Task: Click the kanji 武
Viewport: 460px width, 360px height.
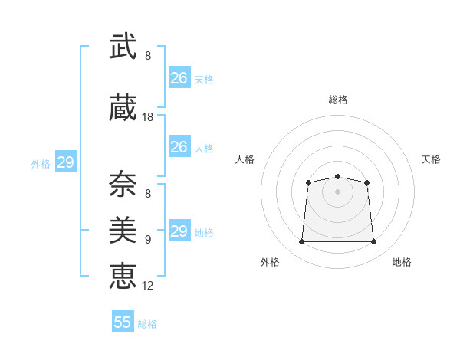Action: tap(123, 46)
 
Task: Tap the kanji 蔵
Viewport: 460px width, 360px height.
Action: tap(123, 107)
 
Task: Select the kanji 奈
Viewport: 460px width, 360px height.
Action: tap(123, 184)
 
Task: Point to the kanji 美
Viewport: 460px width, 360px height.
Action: tap(123, 230)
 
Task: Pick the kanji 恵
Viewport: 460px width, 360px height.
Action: tap(123, 276)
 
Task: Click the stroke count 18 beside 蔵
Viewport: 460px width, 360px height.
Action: tap(147, 117)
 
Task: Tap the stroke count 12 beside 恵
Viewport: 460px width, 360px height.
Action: tap(147, 286)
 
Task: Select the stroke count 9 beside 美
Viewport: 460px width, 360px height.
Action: tap(148, 240)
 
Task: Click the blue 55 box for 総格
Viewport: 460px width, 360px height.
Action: tap(123, 321)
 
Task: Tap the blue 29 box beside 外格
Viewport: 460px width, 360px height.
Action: tap(66, 162)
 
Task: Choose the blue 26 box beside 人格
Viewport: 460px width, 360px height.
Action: tap(180, 146)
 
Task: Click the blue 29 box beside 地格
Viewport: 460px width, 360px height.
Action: tap(180, 230)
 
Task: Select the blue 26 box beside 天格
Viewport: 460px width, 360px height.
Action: tap(180, 77)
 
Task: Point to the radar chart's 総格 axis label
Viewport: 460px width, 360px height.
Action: tap(338, 100)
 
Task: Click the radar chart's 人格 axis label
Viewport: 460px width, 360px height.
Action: tap(245, 159)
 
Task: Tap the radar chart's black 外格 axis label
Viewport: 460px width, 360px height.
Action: tap(270, 262)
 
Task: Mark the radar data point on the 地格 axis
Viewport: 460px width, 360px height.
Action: tap(374, 241)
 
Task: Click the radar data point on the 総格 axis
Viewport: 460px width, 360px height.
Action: tap(337, 176)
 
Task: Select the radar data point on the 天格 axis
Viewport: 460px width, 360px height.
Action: tap(366, 182)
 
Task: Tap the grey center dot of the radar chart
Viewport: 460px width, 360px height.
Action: tap(337, 191)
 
